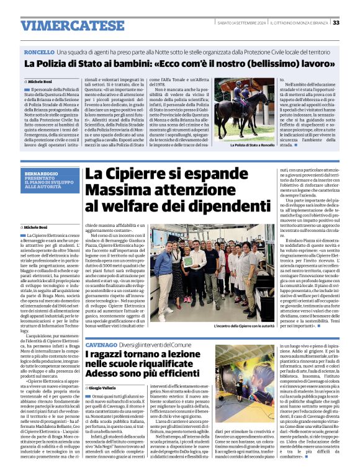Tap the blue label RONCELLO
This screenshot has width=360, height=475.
click(39, 53)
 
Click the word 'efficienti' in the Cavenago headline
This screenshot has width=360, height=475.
click(180, 376)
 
